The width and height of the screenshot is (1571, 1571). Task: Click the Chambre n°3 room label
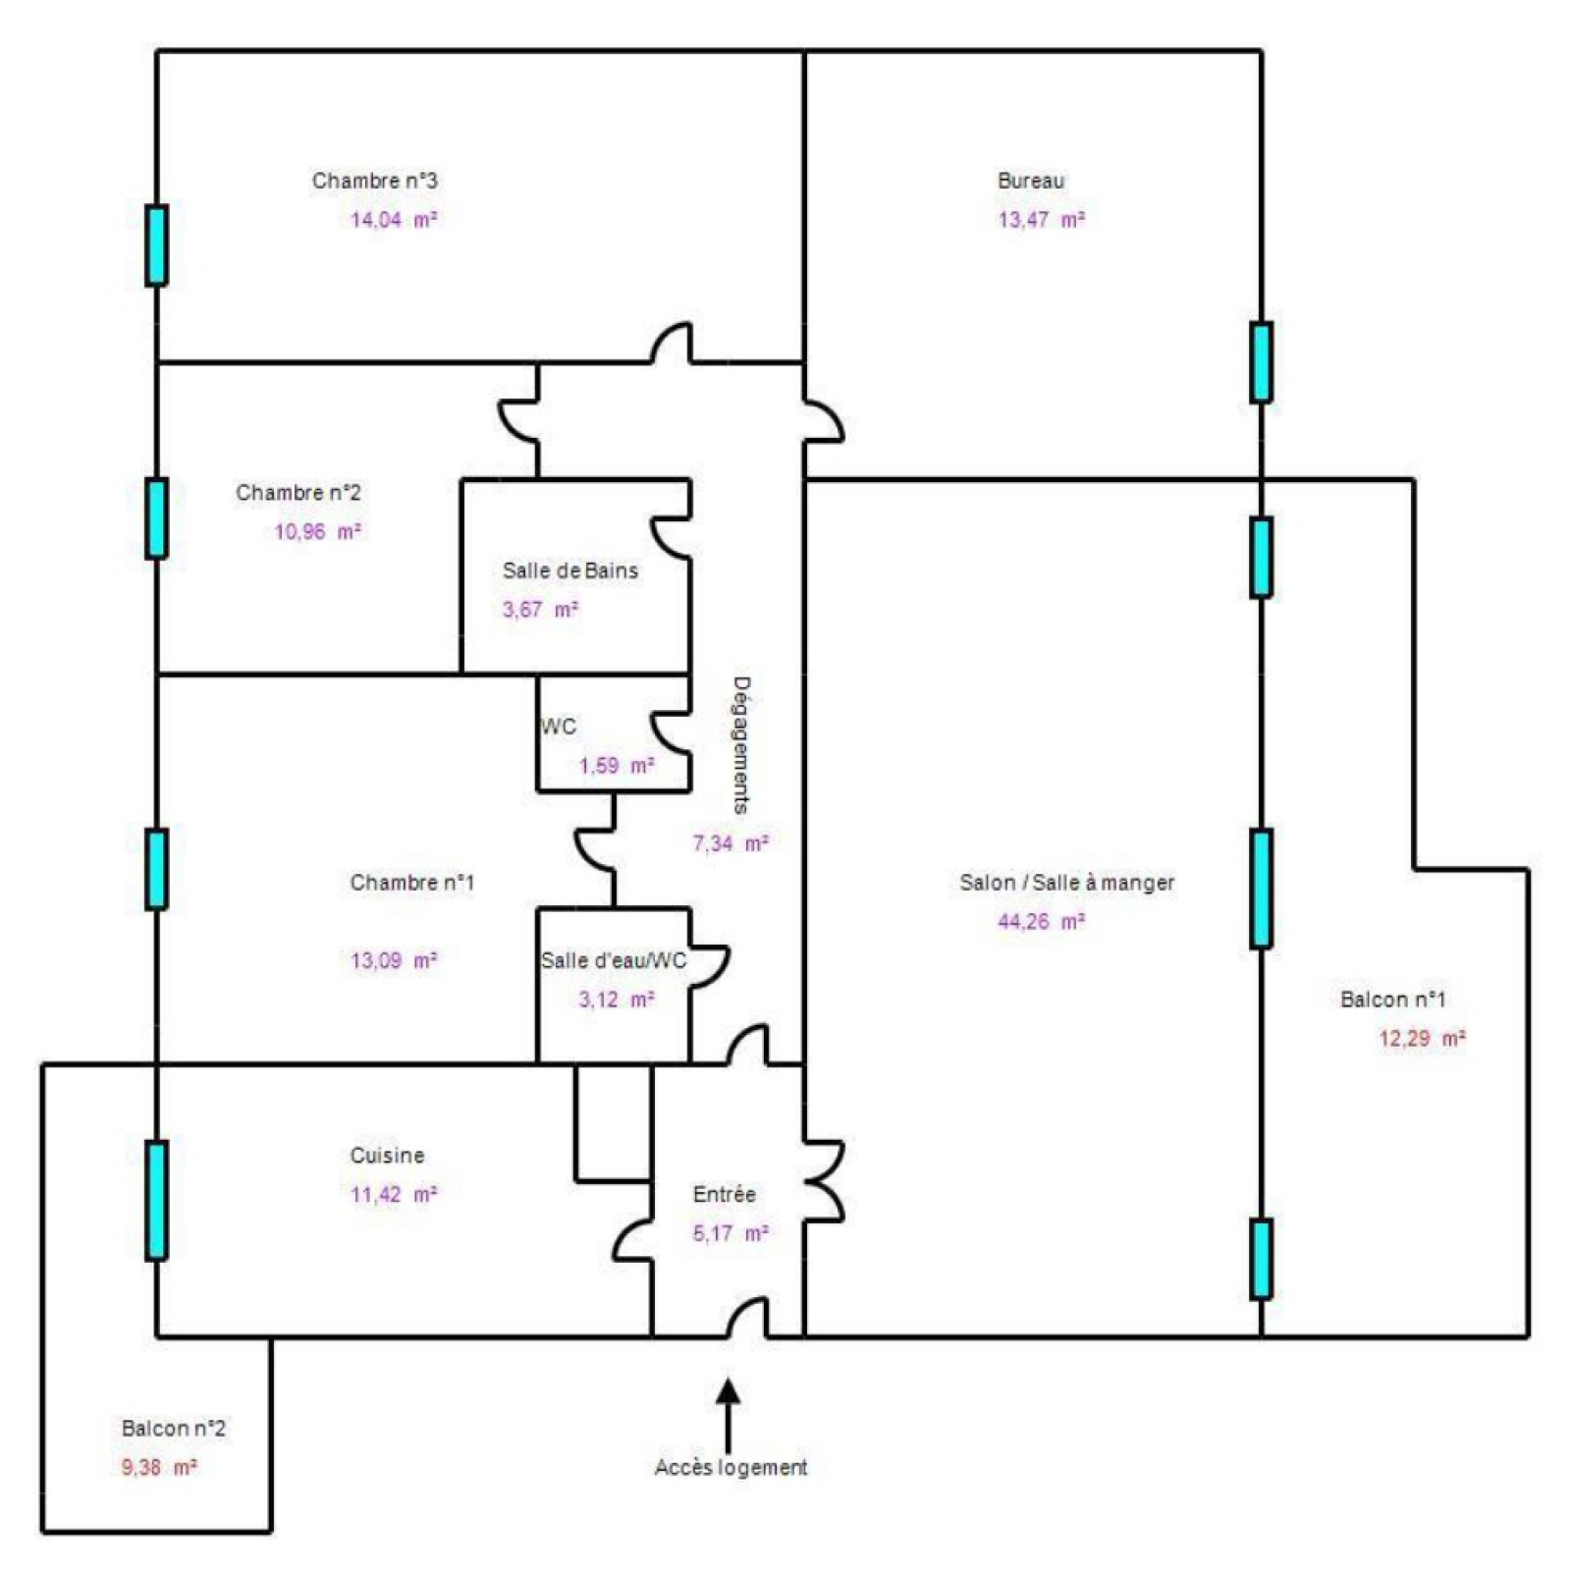click(374, 181)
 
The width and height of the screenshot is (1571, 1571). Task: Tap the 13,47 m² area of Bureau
click(1041, 220)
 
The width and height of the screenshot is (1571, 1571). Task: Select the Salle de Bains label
click(569, 570)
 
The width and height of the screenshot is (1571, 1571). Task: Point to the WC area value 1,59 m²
click(616, 766)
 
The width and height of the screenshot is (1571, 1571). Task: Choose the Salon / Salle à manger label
click(1066, 883)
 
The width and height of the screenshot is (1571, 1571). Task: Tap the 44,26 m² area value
click(1041, 922)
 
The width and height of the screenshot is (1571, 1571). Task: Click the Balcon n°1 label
click(1392, 1000)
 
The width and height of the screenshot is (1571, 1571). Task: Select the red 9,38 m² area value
click(159, 1468)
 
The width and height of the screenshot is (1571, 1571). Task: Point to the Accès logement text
click(731, 1468)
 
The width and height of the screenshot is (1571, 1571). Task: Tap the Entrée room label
click(724, 1195)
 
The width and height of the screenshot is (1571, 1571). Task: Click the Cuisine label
click(387, 1156)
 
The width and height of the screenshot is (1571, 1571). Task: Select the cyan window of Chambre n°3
click(156, 245)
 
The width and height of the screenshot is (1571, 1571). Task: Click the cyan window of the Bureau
click(1262, 362)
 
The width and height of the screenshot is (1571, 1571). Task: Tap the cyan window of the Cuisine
click(156, 1200)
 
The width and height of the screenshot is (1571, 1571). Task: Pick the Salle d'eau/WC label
click(614, 960)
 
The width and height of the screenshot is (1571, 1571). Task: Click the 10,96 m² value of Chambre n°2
click(317, 532)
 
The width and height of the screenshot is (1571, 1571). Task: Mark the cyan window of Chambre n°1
click(156, 869)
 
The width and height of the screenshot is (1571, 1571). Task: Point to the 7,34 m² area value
click(731, 843)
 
